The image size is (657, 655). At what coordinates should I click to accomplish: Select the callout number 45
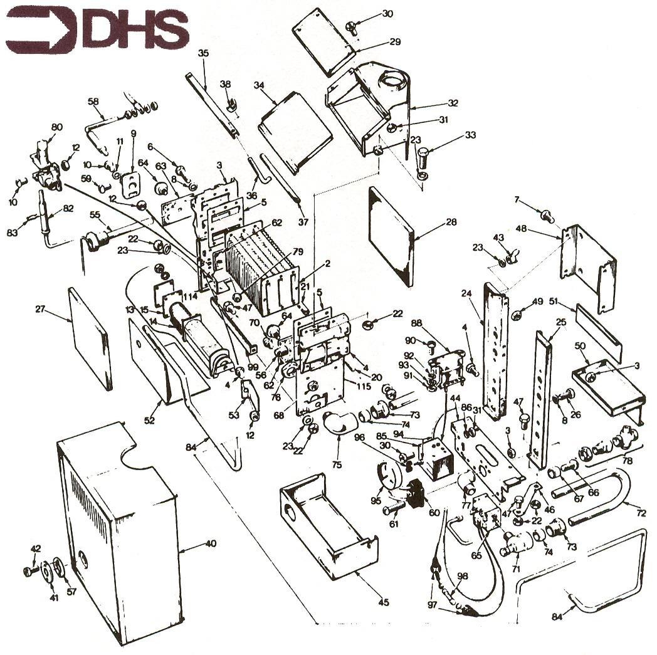(384, 602)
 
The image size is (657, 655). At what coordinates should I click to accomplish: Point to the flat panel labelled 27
(91, 338)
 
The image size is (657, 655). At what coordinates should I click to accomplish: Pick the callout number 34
(258, 86)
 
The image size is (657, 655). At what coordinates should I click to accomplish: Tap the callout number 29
(394, 42)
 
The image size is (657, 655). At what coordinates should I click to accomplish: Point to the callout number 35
(202, 53)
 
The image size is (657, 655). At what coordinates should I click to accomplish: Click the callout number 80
(56, 127)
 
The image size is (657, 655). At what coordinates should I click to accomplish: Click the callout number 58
(93, 101)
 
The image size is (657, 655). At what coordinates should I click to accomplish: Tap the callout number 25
(561, 322)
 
